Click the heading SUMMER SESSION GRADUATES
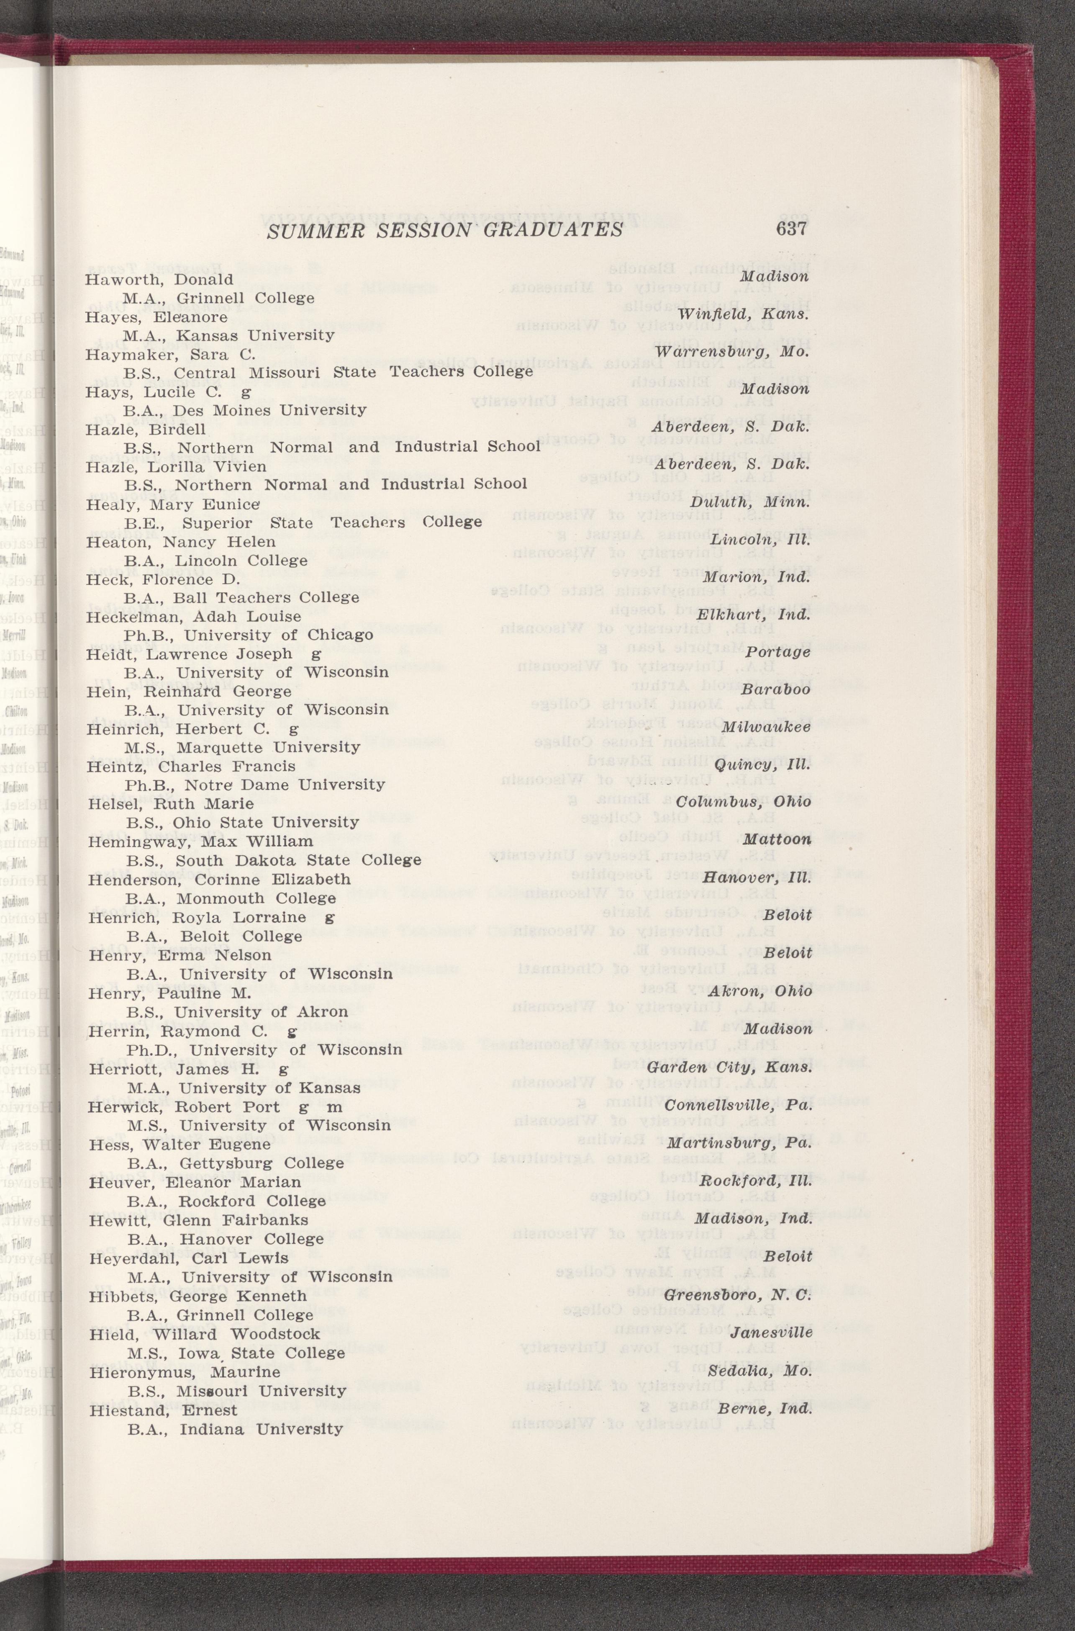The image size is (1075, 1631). [444, 230]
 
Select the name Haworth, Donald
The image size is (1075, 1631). [159, 280]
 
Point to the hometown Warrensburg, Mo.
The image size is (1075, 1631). [732, 352]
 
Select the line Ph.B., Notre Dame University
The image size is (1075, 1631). [254, 785]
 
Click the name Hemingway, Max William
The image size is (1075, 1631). [200, 841]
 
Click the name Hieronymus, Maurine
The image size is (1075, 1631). [184, 1372]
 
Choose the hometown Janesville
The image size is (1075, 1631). [771, 1333]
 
